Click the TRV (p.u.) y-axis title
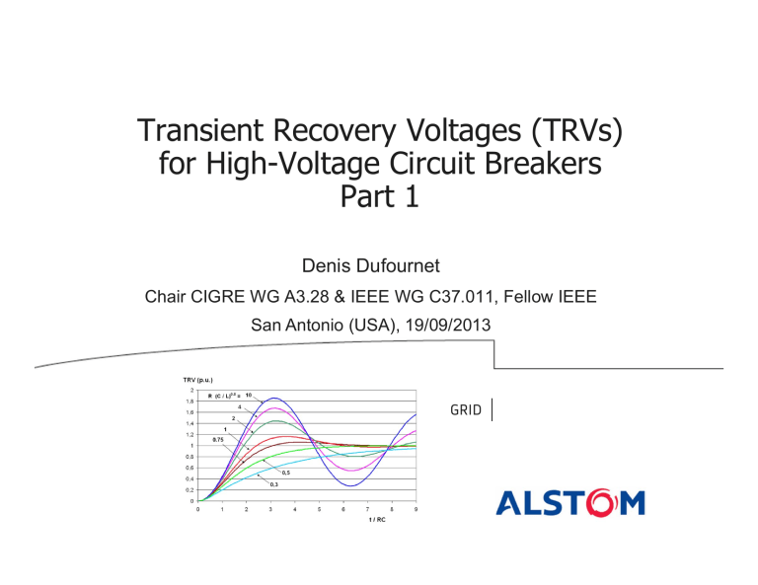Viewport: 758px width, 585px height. pyautogui.click(x=190, y=379)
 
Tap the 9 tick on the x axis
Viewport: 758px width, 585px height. pyautogui.click(x=417, y=509)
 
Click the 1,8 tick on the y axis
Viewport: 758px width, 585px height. pyautogui.click(x=189, y=402)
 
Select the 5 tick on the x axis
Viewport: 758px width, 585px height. pyautogui.click(x=319, y=509)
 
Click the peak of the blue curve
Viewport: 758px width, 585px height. pyautogui.click(x=271, y=398)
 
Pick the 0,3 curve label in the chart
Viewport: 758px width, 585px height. pyautogui.click(x=274, y=484)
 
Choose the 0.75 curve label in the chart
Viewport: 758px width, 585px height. pyautogui.click(x=219, y=439)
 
